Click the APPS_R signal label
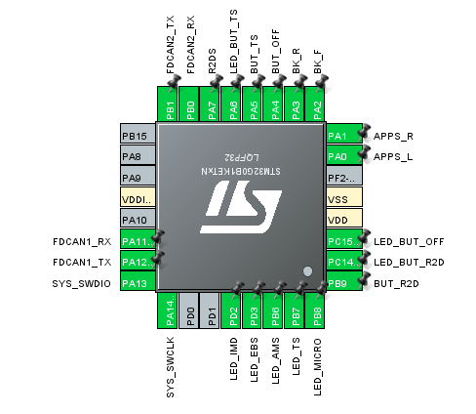pos(394,136)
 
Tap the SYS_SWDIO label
pos(82,283)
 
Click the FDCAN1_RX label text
pos(82,240)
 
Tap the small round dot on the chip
pos(307,270)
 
